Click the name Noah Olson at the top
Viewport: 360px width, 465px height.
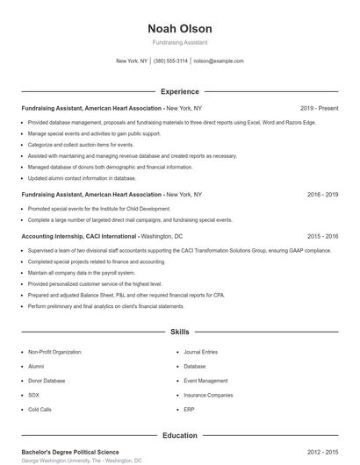180,29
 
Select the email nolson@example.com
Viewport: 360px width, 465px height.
219,61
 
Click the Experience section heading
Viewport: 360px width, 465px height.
180,91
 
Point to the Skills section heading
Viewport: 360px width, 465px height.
180,333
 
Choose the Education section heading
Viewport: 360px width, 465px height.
180,435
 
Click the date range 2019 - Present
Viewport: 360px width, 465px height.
319,108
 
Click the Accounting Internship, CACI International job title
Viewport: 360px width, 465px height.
79,236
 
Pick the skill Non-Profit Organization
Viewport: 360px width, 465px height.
55,351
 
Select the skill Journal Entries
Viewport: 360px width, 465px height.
201,351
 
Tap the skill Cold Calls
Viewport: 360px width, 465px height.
40,410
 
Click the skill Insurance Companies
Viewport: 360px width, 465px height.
208,395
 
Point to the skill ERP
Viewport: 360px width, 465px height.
189,410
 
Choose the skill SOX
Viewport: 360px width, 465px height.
34,395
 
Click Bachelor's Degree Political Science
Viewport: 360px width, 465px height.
70,452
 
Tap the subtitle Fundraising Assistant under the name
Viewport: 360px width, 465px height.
180,43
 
